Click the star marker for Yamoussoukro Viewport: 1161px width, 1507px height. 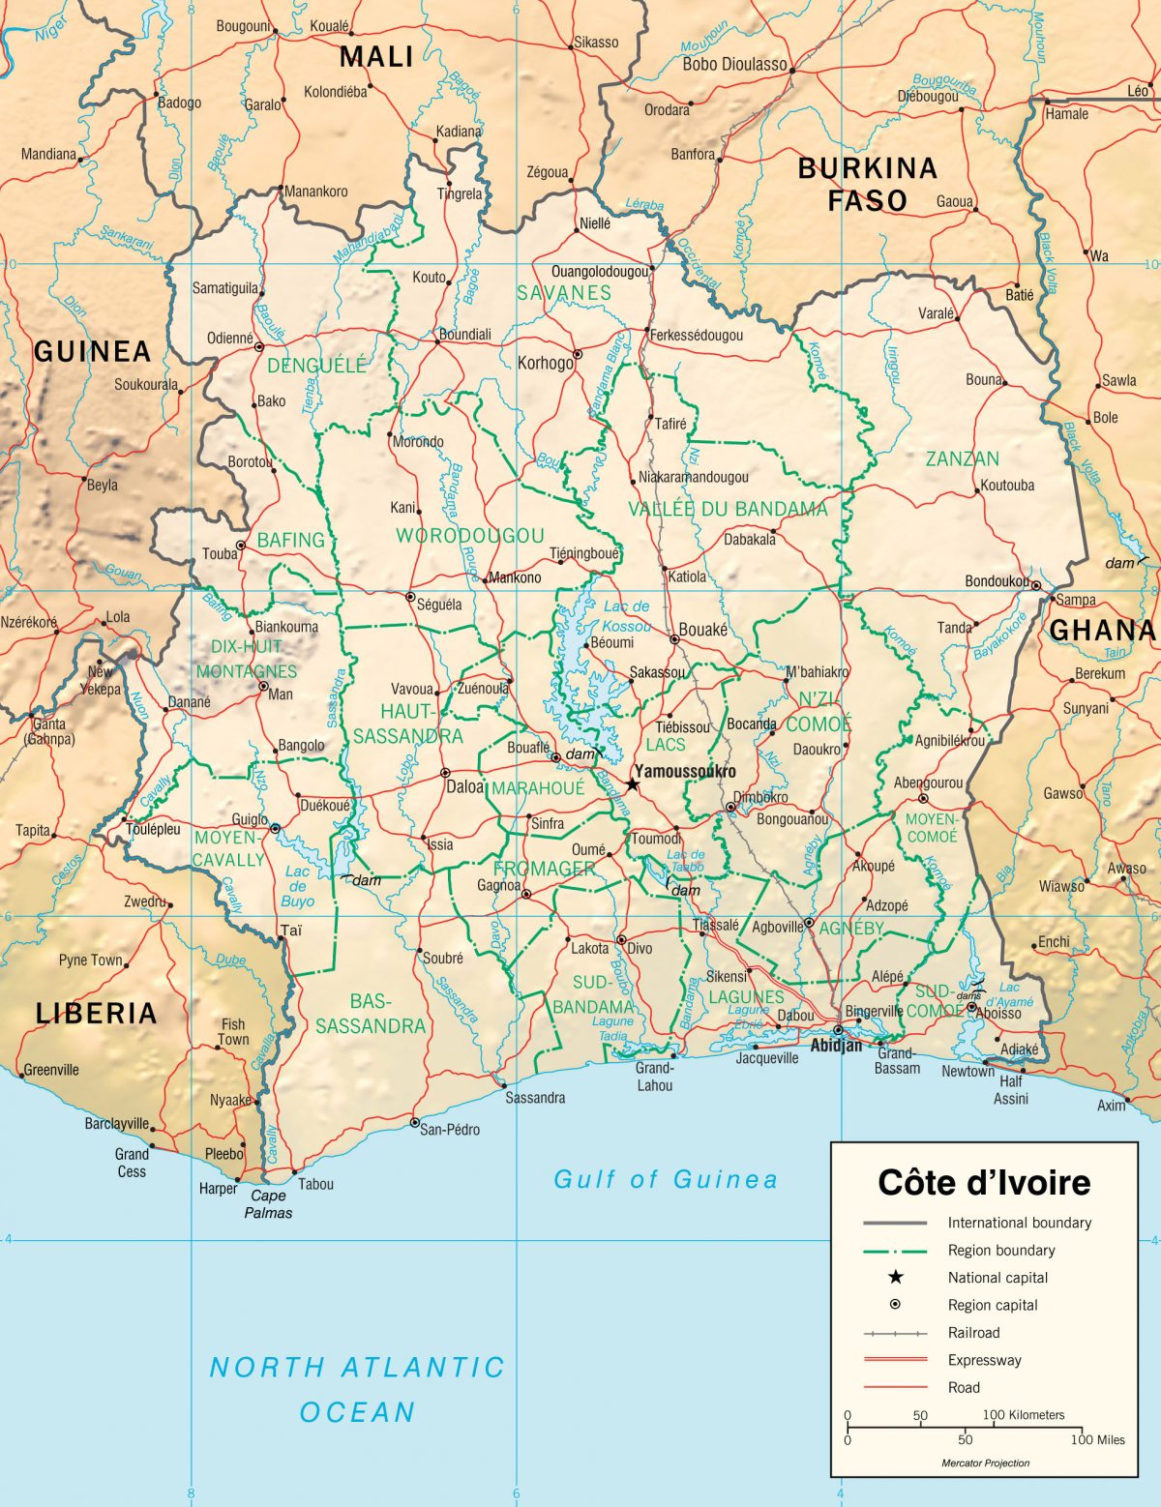633,784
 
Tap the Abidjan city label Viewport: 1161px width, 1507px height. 836,1046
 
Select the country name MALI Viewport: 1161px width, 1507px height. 376,57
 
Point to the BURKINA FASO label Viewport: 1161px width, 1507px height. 867,184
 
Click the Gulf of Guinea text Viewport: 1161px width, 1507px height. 666,1179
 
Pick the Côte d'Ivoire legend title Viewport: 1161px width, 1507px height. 983,1182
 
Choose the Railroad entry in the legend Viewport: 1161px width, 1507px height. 973,1332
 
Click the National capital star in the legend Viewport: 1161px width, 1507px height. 895,1277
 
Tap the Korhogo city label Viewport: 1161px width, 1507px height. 546,363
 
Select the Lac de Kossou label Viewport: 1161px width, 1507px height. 627,616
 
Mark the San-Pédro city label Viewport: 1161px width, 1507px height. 450,1129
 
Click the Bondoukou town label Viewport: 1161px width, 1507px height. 997,581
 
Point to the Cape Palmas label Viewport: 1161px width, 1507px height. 268,1204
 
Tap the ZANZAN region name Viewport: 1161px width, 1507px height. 962,458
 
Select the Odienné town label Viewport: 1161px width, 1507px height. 230,339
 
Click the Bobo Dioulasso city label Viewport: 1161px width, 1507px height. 734,65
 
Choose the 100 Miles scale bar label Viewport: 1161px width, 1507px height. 1097,1439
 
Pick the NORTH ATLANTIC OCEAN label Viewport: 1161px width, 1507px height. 357,1389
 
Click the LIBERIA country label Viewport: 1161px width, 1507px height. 96,1013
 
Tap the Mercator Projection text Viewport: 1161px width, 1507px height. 985,1463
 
